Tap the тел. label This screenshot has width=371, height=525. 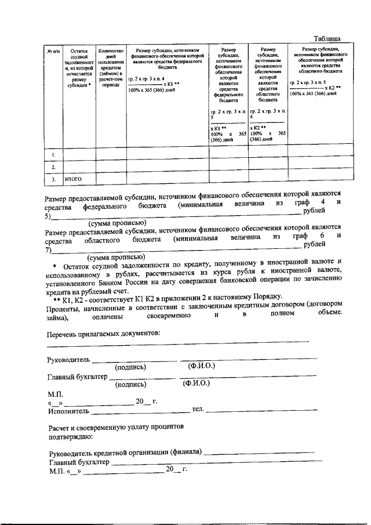click(198, 410)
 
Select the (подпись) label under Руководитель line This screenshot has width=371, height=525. click(130, 367)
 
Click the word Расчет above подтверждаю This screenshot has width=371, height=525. click(59, 426)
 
